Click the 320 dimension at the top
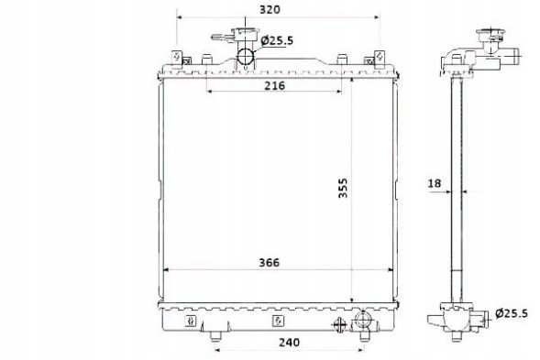point(269,10)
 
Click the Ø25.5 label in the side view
point(513,312)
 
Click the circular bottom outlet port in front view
point(363,322)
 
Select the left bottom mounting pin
point(215,342)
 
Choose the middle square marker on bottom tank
point(278,322)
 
